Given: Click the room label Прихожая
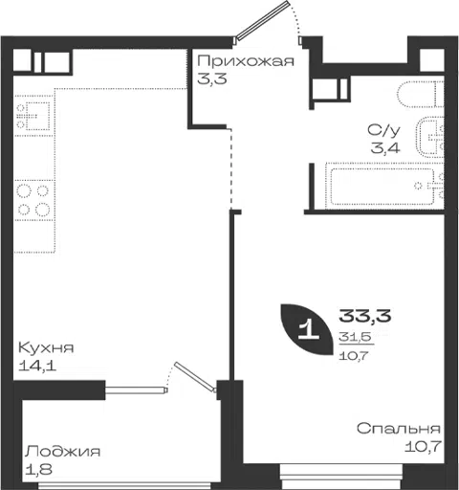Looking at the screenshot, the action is click(x=246, y=60).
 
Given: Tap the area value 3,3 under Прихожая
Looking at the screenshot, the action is click(x=212, y=78).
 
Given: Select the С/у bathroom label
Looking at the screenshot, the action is click(x=383, y=130).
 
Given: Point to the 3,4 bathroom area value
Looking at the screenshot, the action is click(x=385, y=148).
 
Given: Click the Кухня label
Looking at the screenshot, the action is click(x=46, y=347).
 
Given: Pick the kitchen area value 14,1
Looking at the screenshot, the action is click(x=37, y=366).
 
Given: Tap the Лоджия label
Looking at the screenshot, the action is click(x=63, y=452).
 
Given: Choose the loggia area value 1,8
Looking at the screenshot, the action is click(x=39, y=469).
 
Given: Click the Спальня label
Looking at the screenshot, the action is click(x=399, y=429).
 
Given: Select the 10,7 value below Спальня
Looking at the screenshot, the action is click(x=423, y=446).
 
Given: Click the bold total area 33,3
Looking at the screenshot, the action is click(x=365, y=316).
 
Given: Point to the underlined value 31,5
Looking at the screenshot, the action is click(x=356, y=336).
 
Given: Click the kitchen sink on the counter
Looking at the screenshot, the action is click(x=33, y=116).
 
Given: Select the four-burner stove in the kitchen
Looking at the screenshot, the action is click(x=33, y=200).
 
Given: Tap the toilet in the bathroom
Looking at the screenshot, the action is click(x=421, y=94).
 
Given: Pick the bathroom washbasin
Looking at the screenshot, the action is click(x=430, y=138).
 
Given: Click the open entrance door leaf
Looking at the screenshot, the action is click(x=262, y=20).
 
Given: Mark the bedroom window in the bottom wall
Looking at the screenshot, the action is click(x=341, y=477).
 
